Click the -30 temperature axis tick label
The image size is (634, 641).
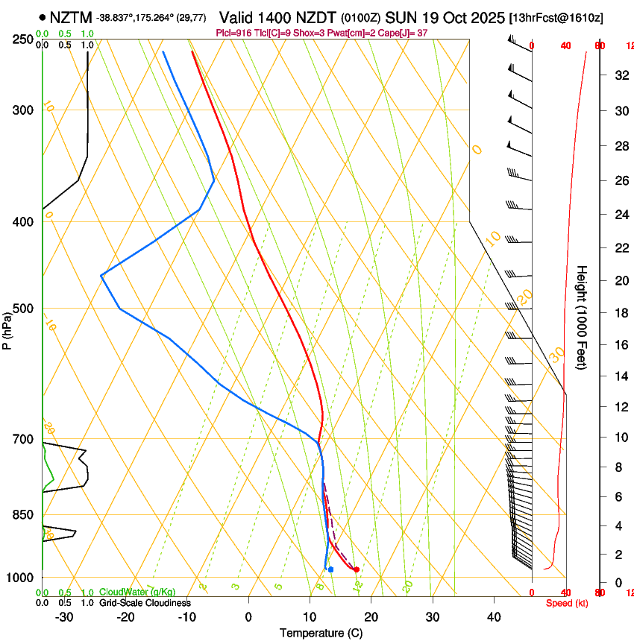pos(64,617)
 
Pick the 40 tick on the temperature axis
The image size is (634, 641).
pos(493,617)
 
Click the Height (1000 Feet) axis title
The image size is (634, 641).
pos(583,317)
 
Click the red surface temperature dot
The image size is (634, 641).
pos(357,569)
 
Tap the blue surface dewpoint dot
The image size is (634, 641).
pos(330,569)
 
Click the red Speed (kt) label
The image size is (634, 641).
pos(565,603)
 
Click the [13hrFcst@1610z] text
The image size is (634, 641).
pos(556,17)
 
